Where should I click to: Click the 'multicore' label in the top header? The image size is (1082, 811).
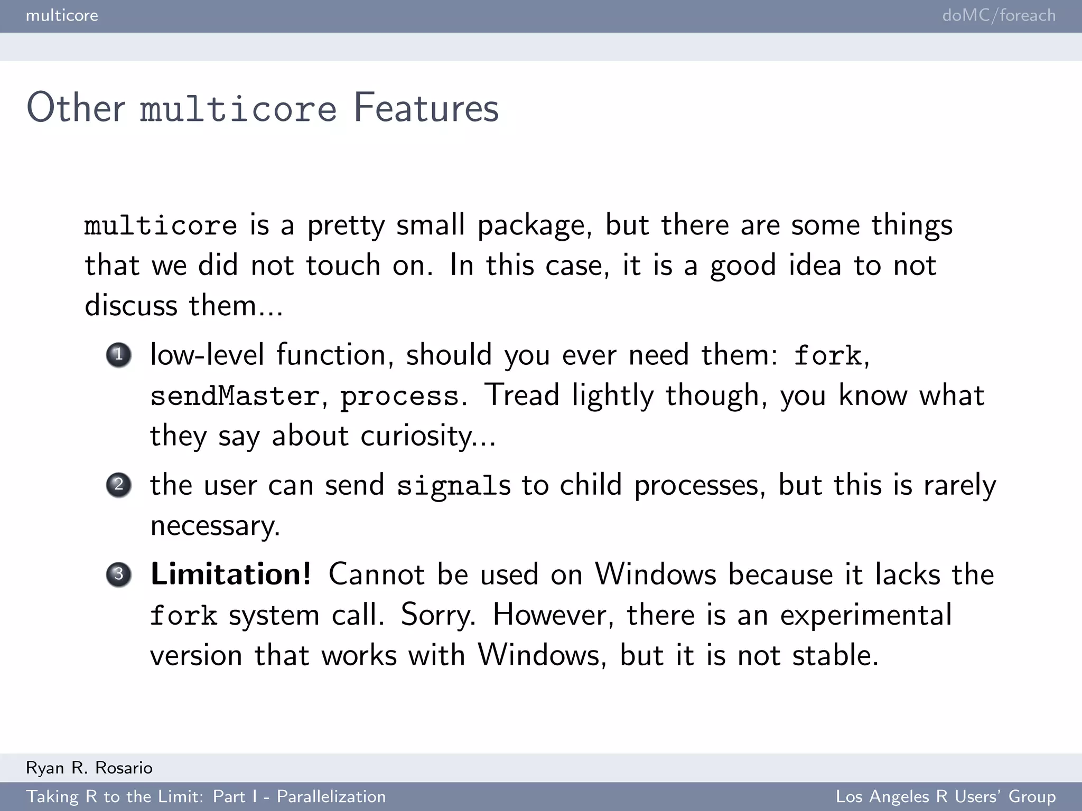click(x=62, y=15)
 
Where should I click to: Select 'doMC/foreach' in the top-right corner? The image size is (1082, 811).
click(x=999, y=15)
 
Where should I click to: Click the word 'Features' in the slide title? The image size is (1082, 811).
click(x=426, y=108)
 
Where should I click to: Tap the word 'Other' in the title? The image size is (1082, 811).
click(x=76, y=108)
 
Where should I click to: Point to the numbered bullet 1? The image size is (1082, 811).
click(x=119, y=354)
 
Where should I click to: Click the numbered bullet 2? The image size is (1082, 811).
click(x=119, y=485)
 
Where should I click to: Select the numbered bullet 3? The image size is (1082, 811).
click(x=119, y=574)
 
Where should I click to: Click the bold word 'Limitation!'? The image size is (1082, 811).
click(x=231, y=574)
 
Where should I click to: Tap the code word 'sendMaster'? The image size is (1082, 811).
click(x=235, y=396)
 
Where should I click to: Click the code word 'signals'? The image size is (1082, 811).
click(x=454, y=486)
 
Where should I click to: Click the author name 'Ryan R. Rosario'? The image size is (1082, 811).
click(x=89, y=768)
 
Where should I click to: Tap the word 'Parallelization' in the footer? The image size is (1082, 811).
click(x=331, y=796)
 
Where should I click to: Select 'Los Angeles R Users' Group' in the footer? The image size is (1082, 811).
click(x=946, y=796)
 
